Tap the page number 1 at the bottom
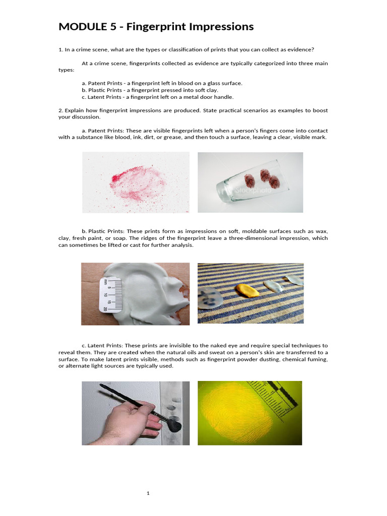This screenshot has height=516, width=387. click(x=148, y=493)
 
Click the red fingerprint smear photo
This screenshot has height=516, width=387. click(x=136, y=182)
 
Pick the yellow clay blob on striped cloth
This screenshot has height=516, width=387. click(x=247, y=290)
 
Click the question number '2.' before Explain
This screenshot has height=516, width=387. click(x=60, y=110)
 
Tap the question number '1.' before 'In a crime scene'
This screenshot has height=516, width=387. click(x=60, y=49)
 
